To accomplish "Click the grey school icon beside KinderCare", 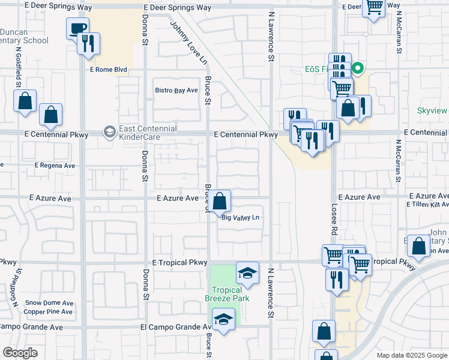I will click(109, 131).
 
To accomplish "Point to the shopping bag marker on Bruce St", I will click(220, 200).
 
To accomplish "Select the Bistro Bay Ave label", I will click(177, 90).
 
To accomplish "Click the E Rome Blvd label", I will click(109, 70).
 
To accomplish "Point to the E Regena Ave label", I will click(55, 165).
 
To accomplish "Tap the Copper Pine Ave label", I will click(48, 312).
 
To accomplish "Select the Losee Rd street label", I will click(334, 217).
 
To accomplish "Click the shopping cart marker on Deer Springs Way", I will click(374, 7).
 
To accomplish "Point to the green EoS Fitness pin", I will click(358, 68).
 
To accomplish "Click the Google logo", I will click(20, 352).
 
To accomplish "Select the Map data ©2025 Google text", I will click(411, 355).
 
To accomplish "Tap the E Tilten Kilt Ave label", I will click(428, 205).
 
